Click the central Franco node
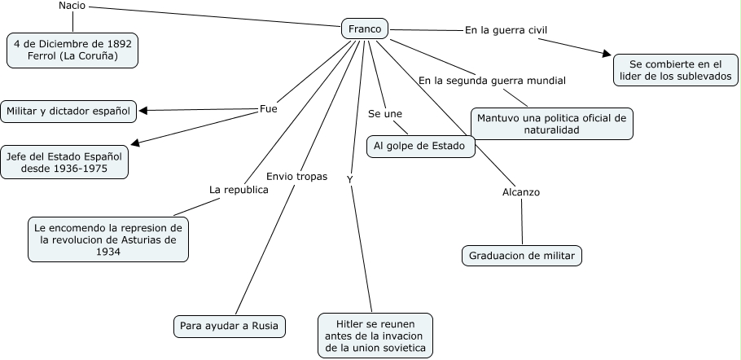364,29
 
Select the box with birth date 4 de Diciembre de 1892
72,50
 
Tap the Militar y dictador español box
68,111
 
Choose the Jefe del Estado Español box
64,162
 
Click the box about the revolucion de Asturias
108,239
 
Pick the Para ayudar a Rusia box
230,327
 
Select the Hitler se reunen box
375,334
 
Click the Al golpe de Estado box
420,147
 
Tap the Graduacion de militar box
522,256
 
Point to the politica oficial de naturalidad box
552,124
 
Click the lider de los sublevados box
676,71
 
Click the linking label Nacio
72,7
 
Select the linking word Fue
268,108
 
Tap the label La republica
239,189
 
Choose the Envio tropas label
297,176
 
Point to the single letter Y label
349,178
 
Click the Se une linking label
385,113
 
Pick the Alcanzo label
521,192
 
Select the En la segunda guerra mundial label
492,81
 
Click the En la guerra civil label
506,30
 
